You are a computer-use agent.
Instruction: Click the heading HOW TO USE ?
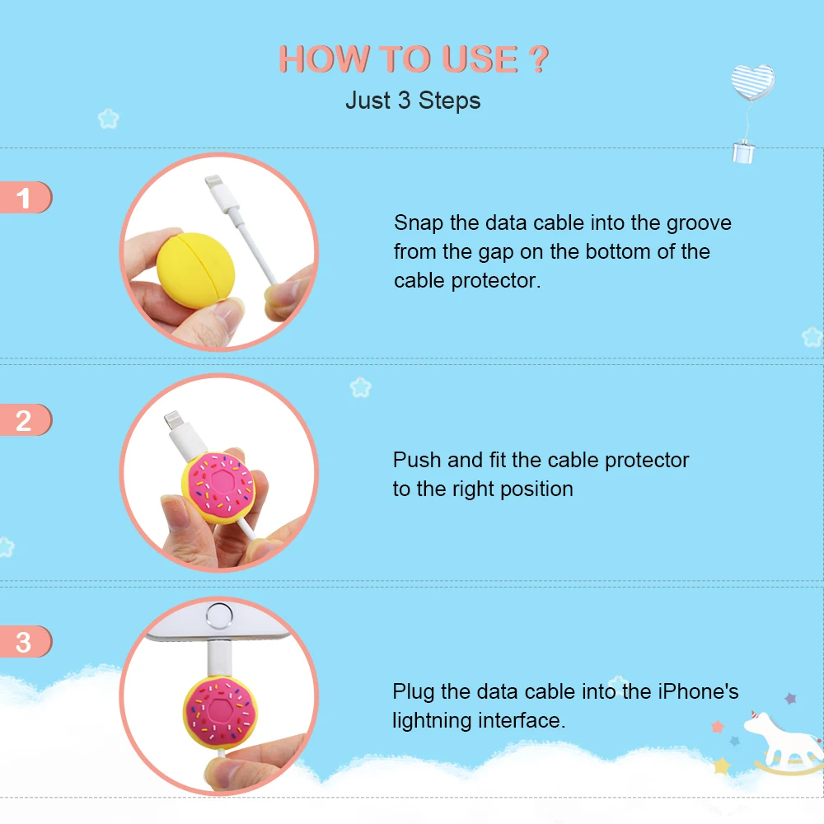point(413,59)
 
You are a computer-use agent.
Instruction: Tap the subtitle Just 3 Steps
point(413,101)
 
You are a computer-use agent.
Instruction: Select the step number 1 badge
point(24,198)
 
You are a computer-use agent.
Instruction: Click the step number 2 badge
point(24,420)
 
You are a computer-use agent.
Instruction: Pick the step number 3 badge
point(24,642)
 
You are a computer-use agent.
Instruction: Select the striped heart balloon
point(752,82)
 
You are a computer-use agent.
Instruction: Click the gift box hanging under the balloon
point(744,152)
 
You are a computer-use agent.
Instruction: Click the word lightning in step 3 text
point(432,721)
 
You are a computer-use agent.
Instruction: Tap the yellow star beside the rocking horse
point(722,765)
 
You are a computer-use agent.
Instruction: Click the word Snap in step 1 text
point(418,222)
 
